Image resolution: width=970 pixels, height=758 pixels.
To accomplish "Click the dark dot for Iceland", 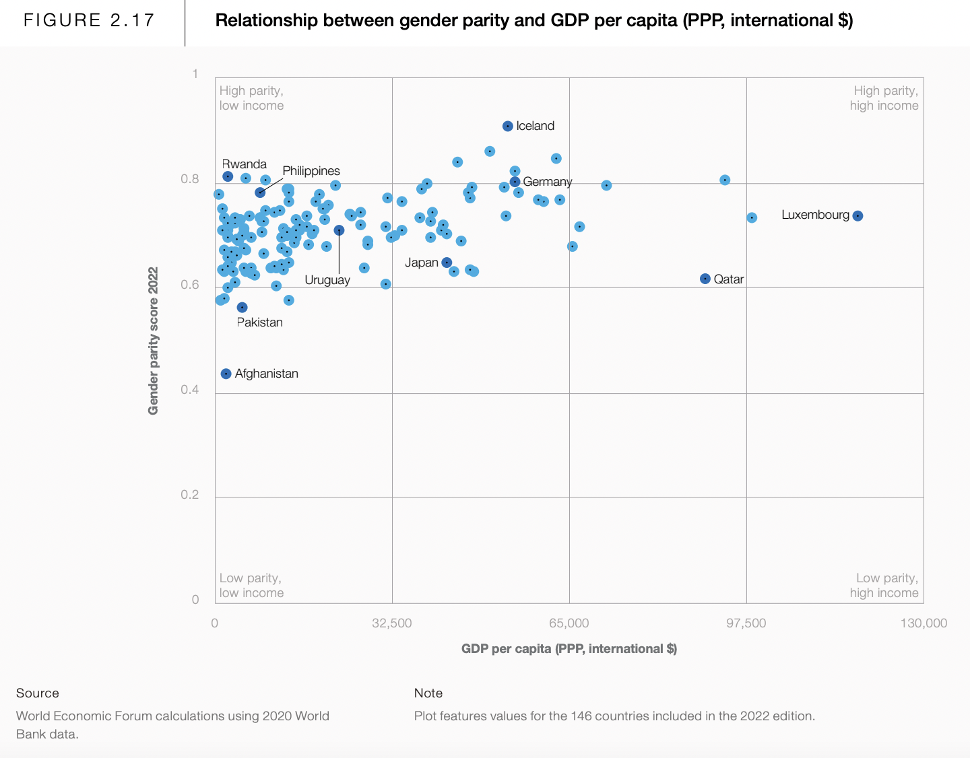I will click(508, 126).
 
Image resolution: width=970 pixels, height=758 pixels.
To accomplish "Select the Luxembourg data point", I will click(858, 216).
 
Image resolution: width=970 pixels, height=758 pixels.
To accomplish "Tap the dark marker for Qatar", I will click(705, 279).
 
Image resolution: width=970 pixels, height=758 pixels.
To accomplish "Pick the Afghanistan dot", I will click(226, 374).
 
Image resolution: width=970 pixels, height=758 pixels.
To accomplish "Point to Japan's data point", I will click(447, 263).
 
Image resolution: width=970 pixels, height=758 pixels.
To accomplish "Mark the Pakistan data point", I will click(242, 308).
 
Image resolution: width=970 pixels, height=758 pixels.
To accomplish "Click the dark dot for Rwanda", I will click(228, 176).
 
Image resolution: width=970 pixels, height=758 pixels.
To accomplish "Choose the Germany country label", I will click(547, 182).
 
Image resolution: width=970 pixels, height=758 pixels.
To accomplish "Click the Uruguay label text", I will click(327, 280).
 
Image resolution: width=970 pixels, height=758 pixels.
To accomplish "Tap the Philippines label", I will click(311, 171).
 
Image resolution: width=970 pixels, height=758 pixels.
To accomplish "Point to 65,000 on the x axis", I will click(569, 623).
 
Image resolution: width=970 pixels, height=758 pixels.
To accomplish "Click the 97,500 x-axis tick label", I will click(746, 623).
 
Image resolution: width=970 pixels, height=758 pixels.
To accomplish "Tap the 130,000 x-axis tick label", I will click(924, 623).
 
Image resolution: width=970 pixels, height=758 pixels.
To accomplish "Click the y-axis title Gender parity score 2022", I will click(153, 341).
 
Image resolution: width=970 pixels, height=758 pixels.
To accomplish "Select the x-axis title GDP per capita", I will click(569, 648).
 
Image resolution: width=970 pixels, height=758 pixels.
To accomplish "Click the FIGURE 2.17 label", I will click(90, 20).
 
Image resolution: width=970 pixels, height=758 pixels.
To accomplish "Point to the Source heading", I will click(38, 693).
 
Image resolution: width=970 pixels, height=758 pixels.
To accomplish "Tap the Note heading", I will click(428, 693).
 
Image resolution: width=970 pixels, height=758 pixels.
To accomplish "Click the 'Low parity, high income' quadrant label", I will click(884, 586).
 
